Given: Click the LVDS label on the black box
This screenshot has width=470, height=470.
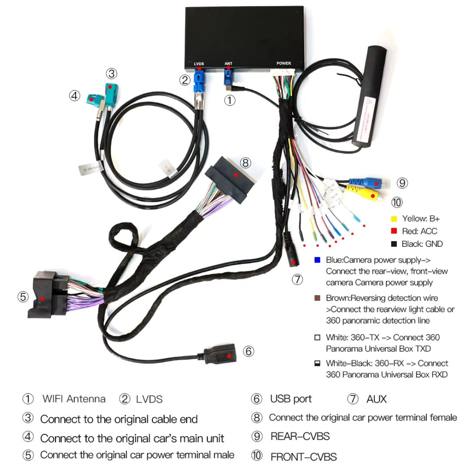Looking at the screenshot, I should click(199, 64).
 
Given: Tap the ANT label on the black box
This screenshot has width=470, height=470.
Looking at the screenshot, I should click(228, 64).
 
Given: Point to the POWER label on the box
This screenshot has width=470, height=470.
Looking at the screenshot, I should click(283, 64).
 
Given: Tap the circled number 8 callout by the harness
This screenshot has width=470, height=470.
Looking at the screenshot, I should click(245, 163).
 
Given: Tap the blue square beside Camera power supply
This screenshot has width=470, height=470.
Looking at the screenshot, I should click(317, 260).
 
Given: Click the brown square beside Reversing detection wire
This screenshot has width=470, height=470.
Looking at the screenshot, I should click(317, 298).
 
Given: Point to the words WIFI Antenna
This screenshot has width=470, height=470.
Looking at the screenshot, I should click(74, 399).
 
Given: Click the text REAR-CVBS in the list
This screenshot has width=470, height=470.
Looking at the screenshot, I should click(300, 436).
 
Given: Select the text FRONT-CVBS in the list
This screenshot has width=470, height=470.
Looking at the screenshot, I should click(303, 457).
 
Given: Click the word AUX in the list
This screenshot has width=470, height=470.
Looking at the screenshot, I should click(376, 399).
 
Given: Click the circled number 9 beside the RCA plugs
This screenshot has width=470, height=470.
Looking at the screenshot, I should click(403, 183).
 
